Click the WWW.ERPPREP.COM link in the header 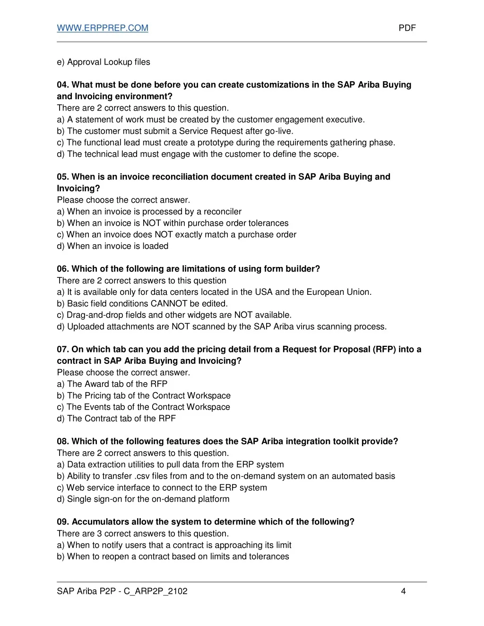pyautogui.click(x=103, y=28)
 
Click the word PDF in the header pyautogui.click(x=407, y=28)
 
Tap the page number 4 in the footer pyautogui.click(x=403, y=591)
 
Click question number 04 pyautogui.click(x=63, y=85)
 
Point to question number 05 pyautogui.click(x=63, y=177)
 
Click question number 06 pyautogui.click(x=63, y=269)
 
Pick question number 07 pyautogui.click(x=63, y=350)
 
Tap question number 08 pyautogui.click(x=63, y=442)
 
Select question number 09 pyautogui.click(x=63, y=522)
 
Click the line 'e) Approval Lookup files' pyautogui.click(x=104, y=62)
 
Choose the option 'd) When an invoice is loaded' pyautogui.click(x=112, y=246)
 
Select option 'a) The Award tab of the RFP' pyautogui.click(x=112, y=384)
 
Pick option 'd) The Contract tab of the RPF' pyautogui.click(x=116, y=419)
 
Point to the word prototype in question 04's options pyautogui.click(x=217, y=143)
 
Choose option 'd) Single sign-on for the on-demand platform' pyautogui.click(x=143, y=499)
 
